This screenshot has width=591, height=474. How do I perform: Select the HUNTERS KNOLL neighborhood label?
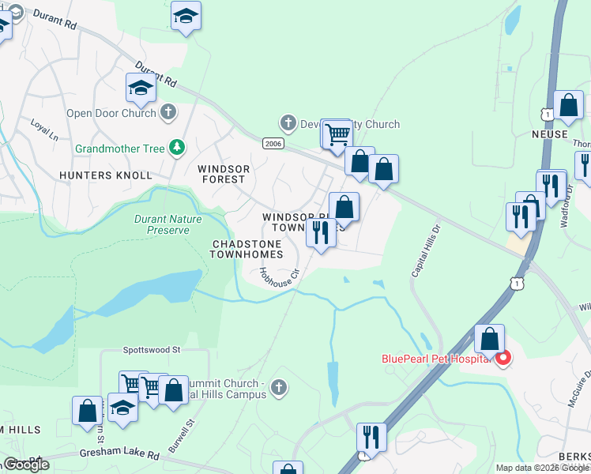point(116,175)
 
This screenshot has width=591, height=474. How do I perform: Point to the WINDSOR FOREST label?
point(224,175)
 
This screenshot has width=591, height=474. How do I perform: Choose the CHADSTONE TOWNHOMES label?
point(246,249)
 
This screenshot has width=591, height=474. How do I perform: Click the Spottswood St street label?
point(152,348)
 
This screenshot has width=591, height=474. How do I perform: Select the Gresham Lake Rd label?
point(119,456)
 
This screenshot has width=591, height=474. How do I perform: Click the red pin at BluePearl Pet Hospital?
point(502,359)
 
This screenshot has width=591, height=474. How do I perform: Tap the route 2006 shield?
point(273,142)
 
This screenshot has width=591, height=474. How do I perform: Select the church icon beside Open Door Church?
point(168,113)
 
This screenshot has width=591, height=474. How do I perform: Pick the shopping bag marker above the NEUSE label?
point(568,105)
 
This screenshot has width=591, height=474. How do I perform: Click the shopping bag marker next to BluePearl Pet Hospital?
point(490,340)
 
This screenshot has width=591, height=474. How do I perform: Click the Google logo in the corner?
point(25,465)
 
